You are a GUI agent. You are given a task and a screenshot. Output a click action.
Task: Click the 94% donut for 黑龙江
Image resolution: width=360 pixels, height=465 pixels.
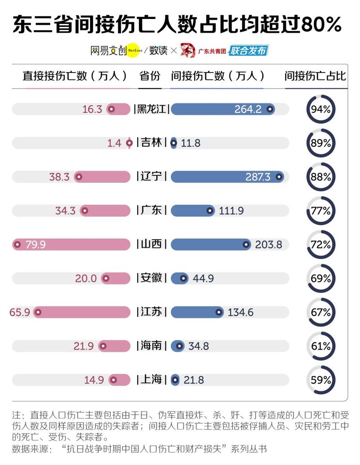click(x=321, y=109)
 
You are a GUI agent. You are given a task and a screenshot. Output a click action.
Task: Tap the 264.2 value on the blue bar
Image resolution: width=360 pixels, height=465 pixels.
click(x=248, y=109)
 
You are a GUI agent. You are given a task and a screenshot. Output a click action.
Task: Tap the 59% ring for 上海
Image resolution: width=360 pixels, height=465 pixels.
click(x=321, y=380)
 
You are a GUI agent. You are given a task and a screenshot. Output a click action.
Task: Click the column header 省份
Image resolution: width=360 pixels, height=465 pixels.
click(x=150, y=76)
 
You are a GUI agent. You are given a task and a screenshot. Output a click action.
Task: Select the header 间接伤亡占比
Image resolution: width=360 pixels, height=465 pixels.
click(x=315, y=76)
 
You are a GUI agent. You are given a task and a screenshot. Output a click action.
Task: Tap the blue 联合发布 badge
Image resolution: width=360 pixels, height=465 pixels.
click(x=248, y=50)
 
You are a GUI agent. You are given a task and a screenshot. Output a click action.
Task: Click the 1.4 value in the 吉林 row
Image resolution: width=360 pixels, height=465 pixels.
click(x=114, y=143)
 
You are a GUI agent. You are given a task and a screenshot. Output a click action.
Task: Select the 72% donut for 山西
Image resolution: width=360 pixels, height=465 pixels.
click(x=321, y=245)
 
